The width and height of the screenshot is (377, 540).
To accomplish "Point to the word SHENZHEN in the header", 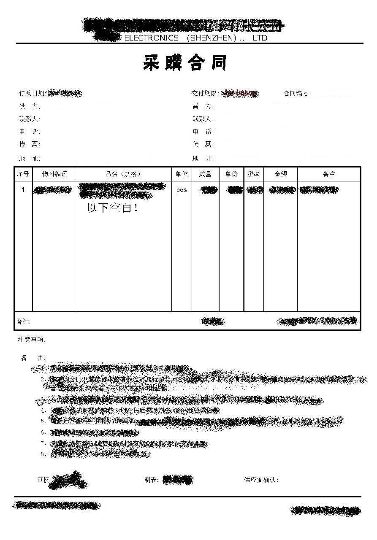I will (x=211, y=38).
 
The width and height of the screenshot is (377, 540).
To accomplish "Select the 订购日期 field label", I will (x=33, y=93).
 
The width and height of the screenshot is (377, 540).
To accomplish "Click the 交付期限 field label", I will (x=205, y=93).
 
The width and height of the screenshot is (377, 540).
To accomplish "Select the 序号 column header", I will (x=23, y=174).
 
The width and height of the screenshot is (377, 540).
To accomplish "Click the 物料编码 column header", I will (x=54, y=174).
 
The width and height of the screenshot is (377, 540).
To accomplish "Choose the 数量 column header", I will (x=205, y=174).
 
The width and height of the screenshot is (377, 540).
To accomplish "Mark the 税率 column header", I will (x=254, y=174).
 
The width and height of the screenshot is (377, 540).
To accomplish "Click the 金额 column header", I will (x=281, y=174).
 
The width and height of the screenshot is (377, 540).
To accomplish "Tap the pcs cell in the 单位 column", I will (x=182, y=190).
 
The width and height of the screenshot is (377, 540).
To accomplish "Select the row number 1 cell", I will (x=24, y=190).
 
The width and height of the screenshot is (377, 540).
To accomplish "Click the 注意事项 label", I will (x=32, y=339).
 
